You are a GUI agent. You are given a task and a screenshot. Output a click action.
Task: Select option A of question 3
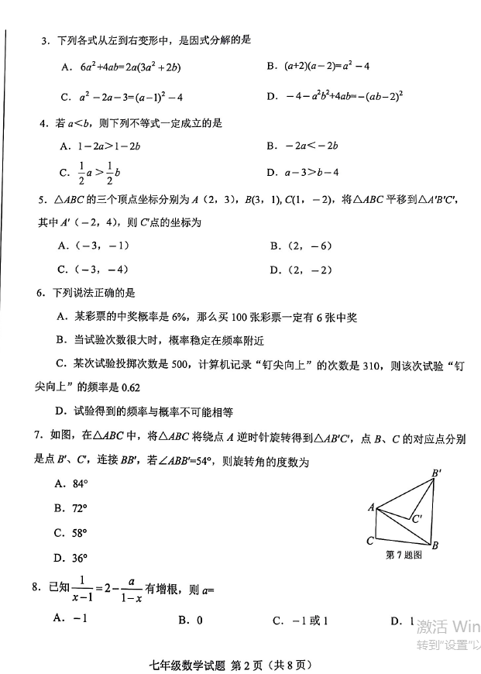120,67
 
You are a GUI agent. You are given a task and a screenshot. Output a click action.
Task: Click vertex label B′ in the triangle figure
437,473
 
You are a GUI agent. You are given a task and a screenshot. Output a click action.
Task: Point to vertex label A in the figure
371,507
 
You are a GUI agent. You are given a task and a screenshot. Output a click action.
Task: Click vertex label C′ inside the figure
417,519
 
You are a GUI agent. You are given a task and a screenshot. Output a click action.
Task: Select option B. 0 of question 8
191,620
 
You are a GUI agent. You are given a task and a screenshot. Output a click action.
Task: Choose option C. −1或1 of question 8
301,620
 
